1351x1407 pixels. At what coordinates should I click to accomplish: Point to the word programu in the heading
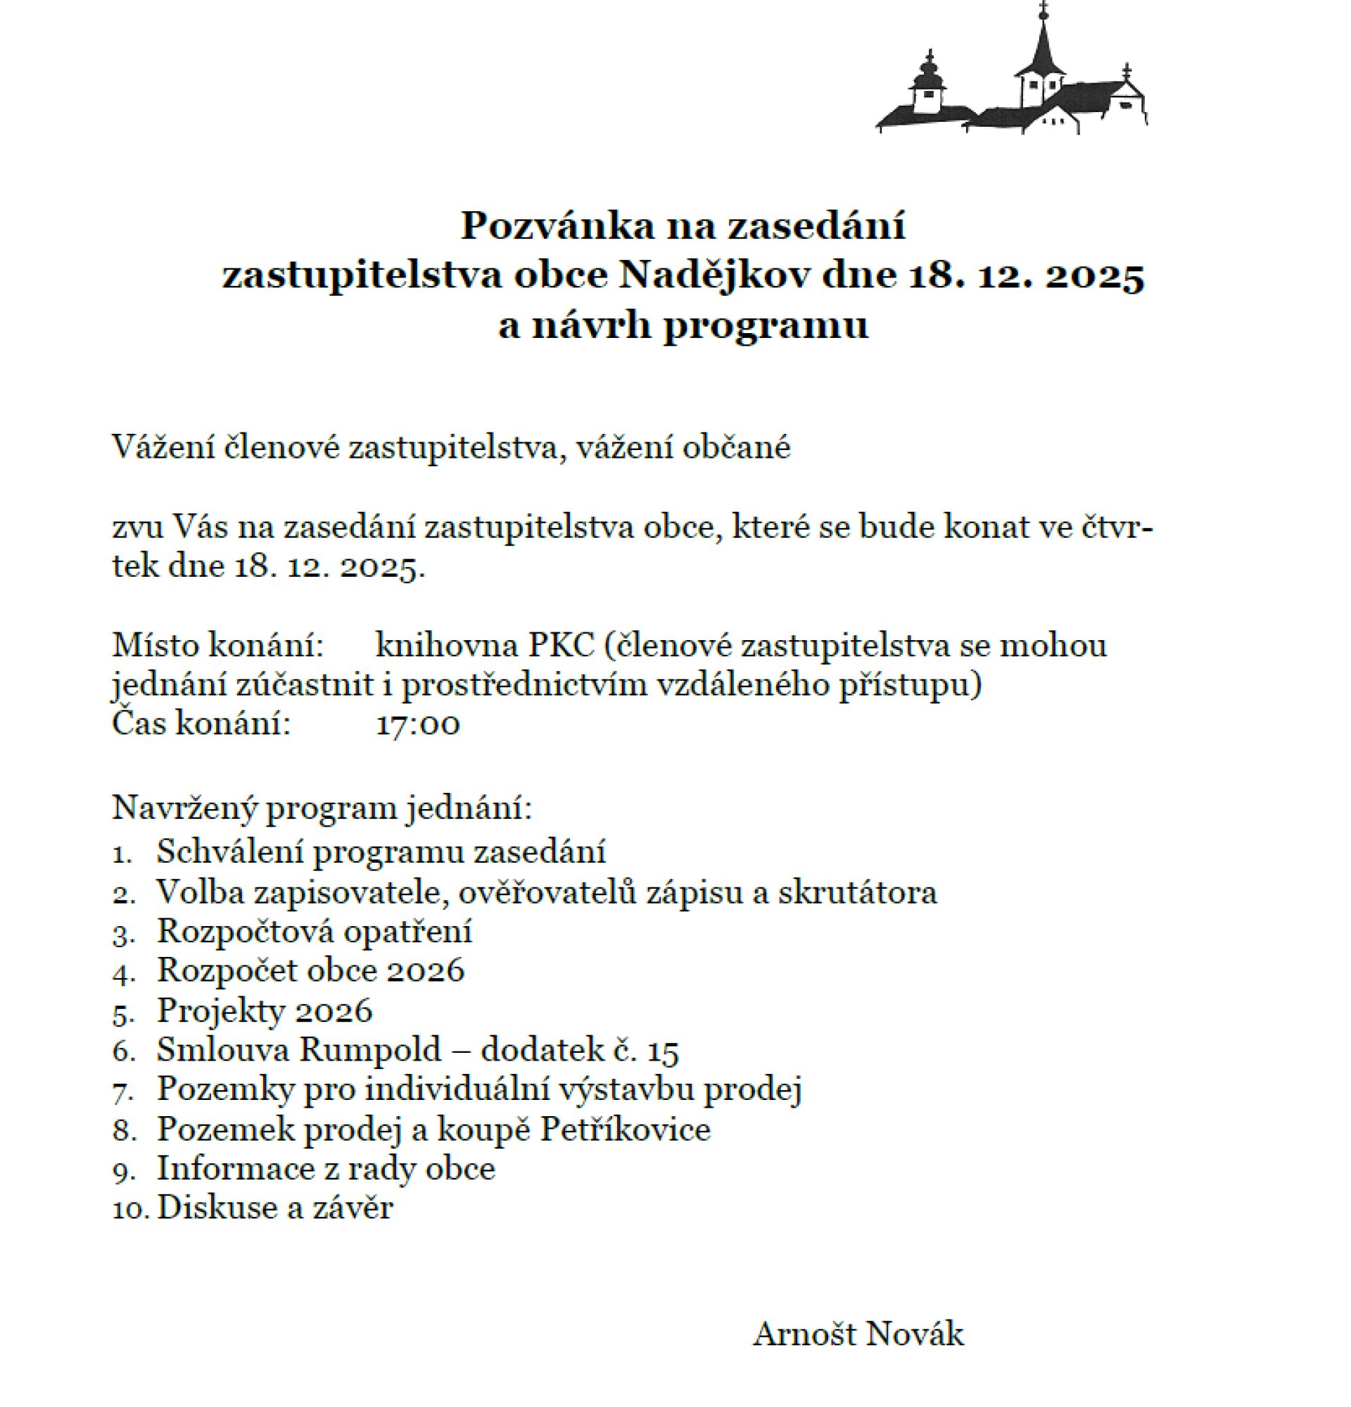coord(765,326)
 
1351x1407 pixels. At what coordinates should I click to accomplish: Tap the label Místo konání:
coord(218,645)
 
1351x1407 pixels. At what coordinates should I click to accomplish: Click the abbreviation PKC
coord(561,645)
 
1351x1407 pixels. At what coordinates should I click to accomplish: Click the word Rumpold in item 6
coord(369,1050)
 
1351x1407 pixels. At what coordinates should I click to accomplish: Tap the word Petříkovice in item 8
coord(625,1129)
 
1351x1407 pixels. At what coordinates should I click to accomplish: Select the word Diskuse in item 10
coord(217,1208)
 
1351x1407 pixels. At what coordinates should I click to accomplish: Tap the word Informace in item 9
coord(235,1168)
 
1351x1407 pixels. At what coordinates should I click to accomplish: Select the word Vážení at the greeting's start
coord(163,447)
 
